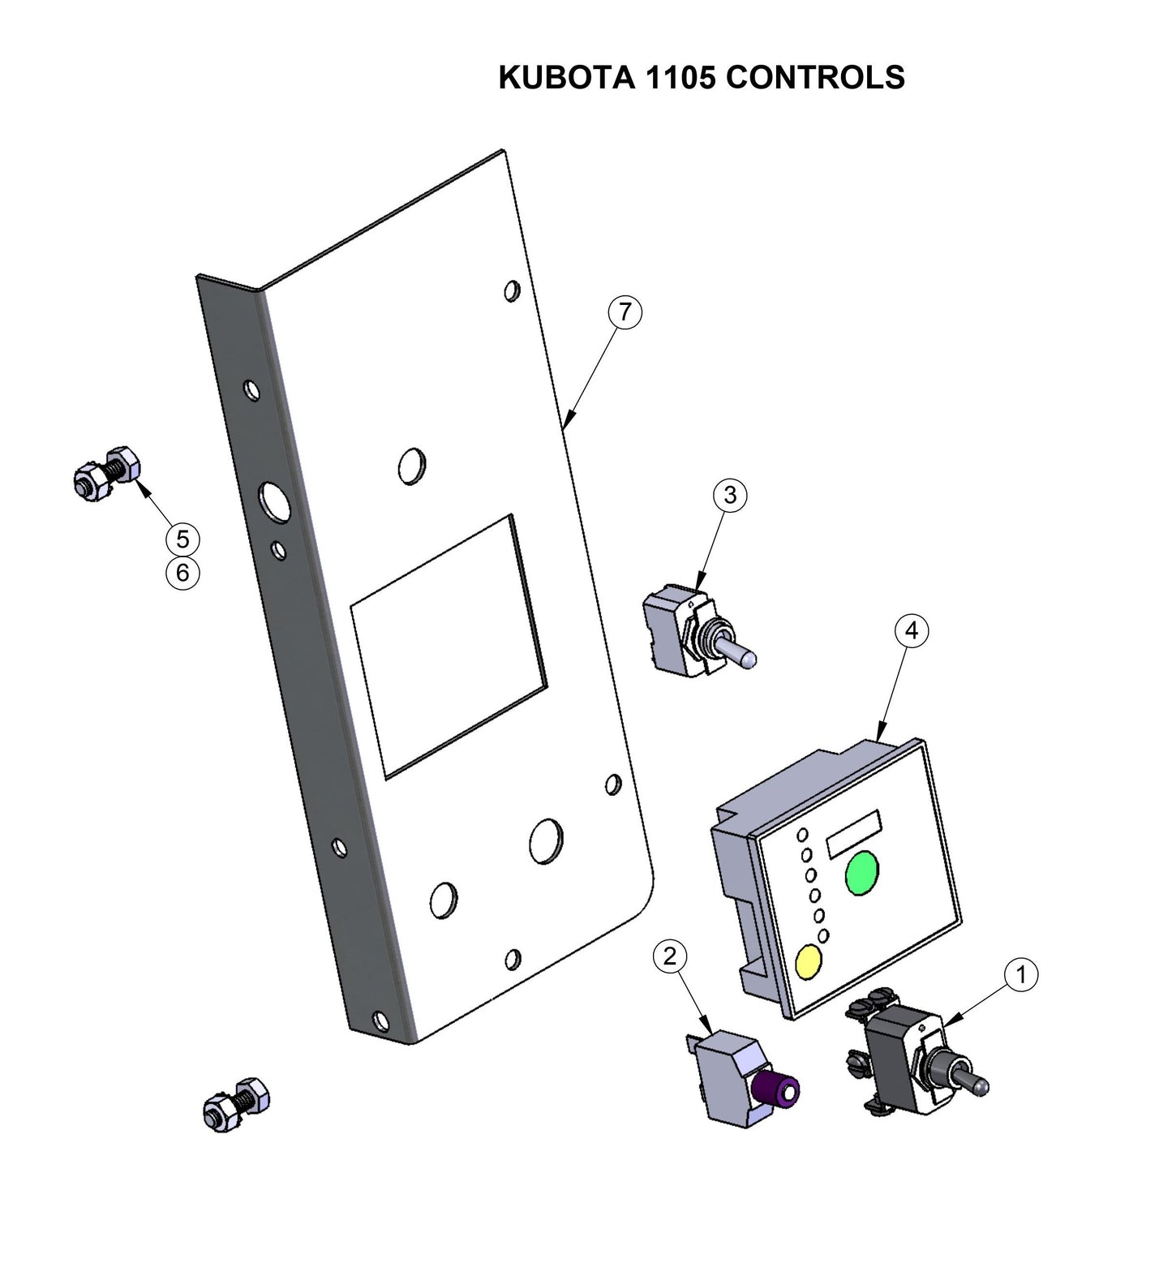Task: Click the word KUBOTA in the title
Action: coord(566,77)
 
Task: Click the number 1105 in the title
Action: coord(680,77)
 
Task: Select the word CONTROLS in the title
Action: coord(815,77)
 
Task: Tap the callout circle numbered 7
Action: coord(625,312)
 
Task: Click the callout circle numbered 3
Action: coord(730,494)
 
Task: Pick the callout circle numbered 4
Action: coord(912,630)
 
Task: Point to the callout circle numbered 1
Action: coord(1021,973)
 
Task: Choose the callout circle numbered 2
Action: coord(669,956)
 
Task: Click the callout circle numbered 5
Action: coord(182,539)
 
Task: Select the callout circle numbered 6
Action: coord(182,573)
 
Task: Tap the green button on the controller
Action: coord(861,872)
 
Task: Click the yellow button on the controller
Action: coord(809,961)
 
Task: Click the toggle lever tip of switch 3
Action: coord(749,659)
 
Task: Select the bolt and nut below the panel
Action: coord(236,1105)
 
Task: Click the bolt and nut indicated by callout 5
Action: coord(106,472)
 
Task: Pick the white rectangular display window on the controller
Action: coord(853,832)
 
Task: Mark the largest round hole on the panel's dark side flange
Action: coord(275,501)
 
